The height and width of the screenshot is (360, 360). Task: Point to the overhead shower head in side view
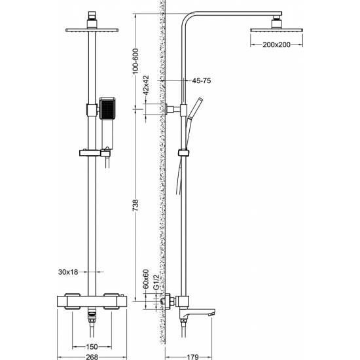[x=274, y=29]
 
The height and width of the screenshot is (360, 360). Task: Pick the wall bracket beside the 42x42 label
[x=173, y=109]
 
